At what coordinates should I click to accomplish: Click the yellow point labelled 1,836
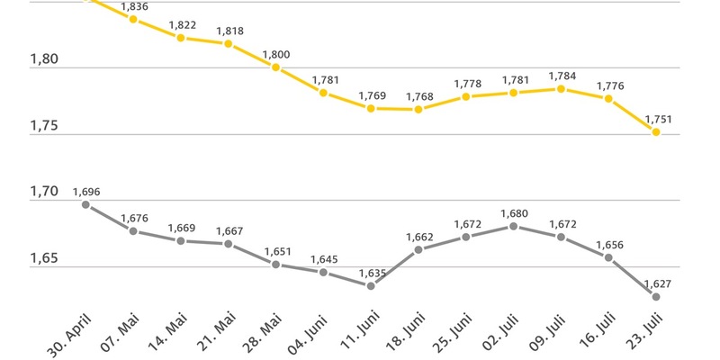(133, 18)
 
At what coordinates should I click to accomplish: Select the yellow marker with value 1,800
(276, 67)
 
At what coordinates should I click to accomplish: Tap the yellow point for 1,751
(656, 132)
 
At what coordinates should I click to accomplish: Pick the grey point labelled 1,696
(86, 204)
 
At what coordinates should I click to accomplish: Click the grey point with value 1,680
(513, 226)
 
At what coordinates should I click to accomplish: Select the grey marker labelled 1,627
(656, 297)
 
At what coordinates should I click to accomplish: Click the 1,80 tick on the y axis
(44, 60)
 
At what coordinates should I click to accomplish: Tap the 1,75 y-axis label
(44, 126)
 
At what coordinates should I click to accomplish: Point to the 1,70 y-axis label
(44, 192)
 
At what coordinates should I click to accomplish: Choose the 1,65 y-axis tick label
(44, 259)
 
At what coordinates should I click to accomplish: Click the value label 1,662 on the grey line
(418, 237)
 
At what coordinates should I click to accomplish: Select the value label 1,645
(324, 259)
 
